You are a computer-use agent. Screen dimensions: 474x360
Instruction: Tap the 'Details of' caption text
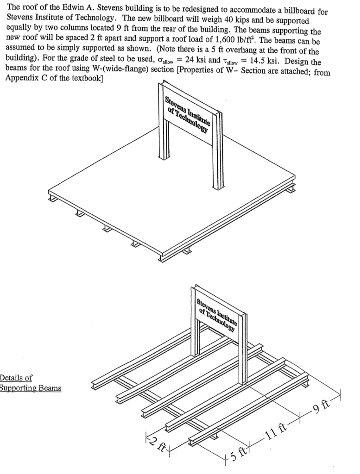click(x=16, y=378)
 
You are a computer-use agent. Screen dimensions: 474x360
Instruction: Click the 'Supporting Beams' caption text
click(x=30, y=388)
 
